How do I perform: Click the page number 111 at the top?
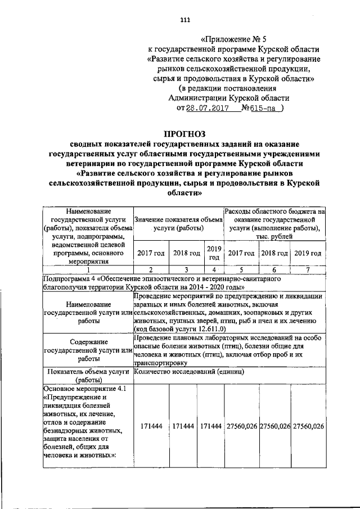(x=185, y=21)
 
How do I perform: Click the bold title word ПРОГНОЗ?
(x=184, y=134)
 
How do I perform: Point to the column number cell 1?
(x=87, y=269)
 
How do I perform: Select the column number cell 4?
(x=213, y=269)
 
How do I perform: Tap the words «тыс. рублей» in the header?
(x=275, y=237)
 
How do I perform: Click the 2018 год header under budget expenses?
(x=274, y=253)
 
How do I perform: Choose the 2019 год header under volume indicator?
(x=213, y=253)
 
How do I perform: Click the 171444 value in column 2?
(x=151, y=426)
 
